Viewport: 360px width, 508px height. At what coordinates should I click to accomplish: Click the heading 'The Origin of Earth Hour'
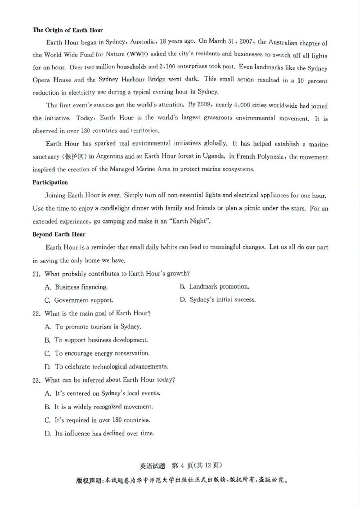67,30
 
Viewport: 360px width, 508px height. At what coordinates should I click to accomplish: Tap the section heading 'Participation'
50,183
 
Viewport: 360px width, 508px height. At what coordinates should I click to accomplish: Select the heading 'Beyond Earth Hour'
58,234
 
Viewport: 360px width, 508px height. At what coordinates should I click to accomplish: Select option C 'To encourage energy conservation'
102,353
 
